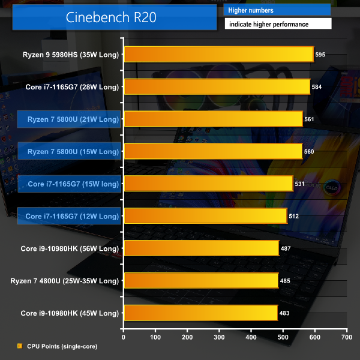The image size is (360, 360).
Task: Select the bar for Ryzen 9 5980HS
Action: tap(218, 54)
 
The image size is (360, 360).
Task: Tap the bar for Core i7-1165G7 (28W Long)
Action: tap(217, 86)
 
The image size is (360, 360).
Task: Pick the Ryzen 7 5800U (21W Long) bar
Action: tap(212, 119)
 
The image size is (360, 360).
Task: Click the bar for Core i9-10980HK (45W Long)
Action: tap(200, 313)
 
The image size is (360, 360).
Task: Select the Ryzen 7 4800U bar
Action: tap(201, 280)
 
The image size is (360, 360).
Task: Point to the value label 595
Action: tap(320, 55)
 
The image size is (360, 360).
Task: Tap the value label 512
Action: tap(294, 216)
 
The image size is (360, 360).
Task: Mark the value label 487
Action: tap(286, 248)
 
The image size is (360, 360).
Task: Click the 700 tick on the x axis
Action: tap(347, 337)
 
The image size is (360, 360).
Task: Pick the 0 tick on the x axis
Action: tap(124, 337)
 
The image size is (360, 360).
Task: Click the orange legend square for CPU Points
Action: tap(19, 346)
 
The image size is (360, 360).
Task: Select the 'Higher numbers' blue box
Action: tap(277, 10)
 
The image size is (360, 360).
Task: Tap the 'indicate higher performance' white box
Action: tap(277, 25)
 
